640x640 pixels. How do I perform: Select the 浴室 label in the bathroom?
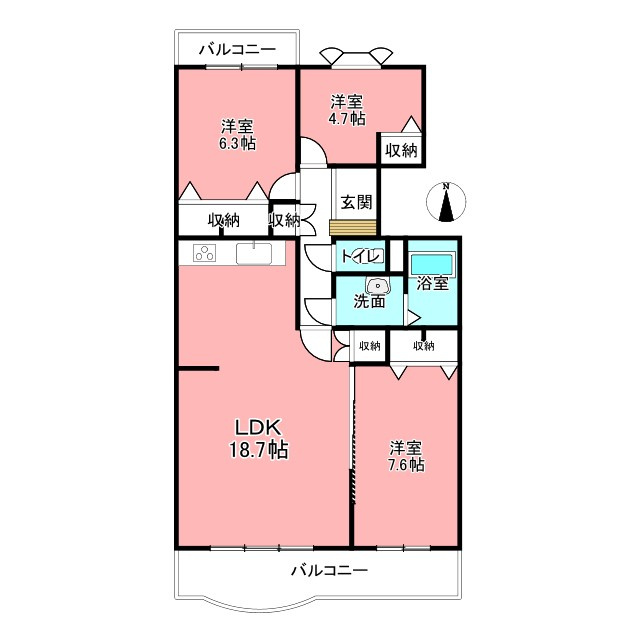pos(433,283)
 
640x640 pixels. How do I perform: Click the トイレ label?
pos(360,256)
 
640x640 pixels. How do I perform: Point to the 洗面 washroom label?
pos(369,301)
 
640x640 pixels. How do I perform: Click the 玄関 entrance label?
pos(355,201)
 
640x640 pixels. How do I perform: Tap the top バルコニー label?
pos(237,47)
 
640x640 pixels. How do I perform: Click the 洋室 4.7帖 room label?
pos(348,109)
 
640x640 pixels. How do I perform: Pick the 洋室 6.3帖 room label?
pos(237,134)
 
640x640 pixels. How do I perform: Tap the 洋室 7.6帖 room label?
pos(406,455)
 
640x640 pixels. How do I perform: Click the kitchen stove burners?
pos(205,253)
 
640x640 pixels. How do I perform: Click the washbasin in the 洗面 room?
pos(371,283)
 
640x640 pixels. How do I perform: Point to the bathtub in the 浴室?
pos(432,263)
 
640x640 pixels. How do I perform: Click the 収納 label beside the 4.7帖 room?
pos(401,150)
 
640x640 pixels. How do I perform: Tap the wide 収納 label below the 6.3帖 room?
pos(224,220)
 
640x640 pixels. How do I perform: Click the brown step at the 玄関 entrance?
pos(355,227)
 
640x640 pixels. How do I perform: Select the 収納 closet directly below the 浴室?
pos(423,346)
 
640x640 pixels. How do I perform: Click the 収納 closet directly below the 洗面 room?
pos(370,346)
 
